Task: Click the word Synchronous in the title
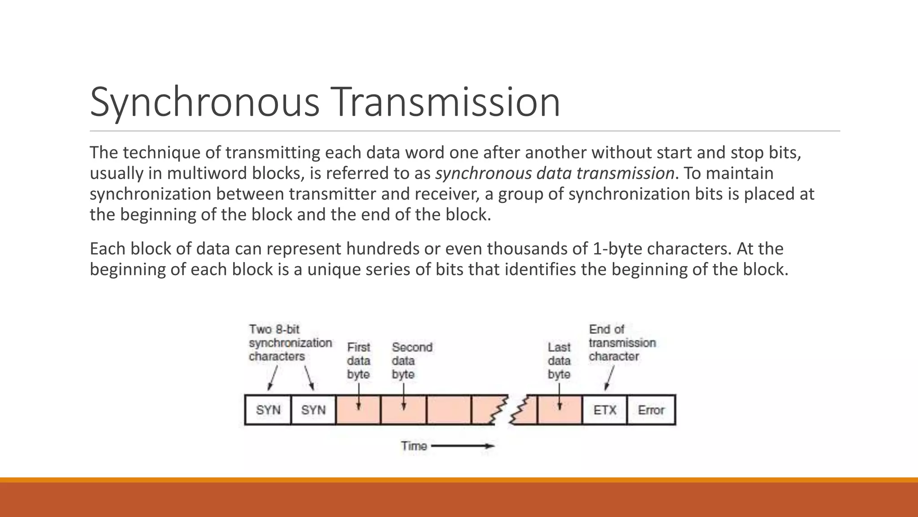tap(204, 102)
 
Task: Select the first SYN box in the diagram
tap(268, 410)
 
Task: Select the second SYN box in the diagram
tap(313, 410)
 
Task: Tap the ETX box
tap(605, 410)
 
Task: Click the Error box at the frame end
tap(651, 410)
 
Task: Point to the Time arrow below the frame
tap(463, 446)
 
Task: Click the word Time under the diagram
tap(413, 446)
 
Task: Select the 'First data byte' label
tap(359, 360)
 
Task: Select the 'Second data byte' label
tap(411, 360)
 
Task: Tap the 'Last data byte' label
tap(559, 360)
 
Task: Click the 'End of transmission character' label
tap(621, 343)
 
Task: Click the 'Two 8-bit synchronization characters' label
tap(290, 343)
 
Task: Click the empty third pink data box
tap(449, 410)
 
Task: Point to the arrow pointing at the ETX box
tap(609, 378)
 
